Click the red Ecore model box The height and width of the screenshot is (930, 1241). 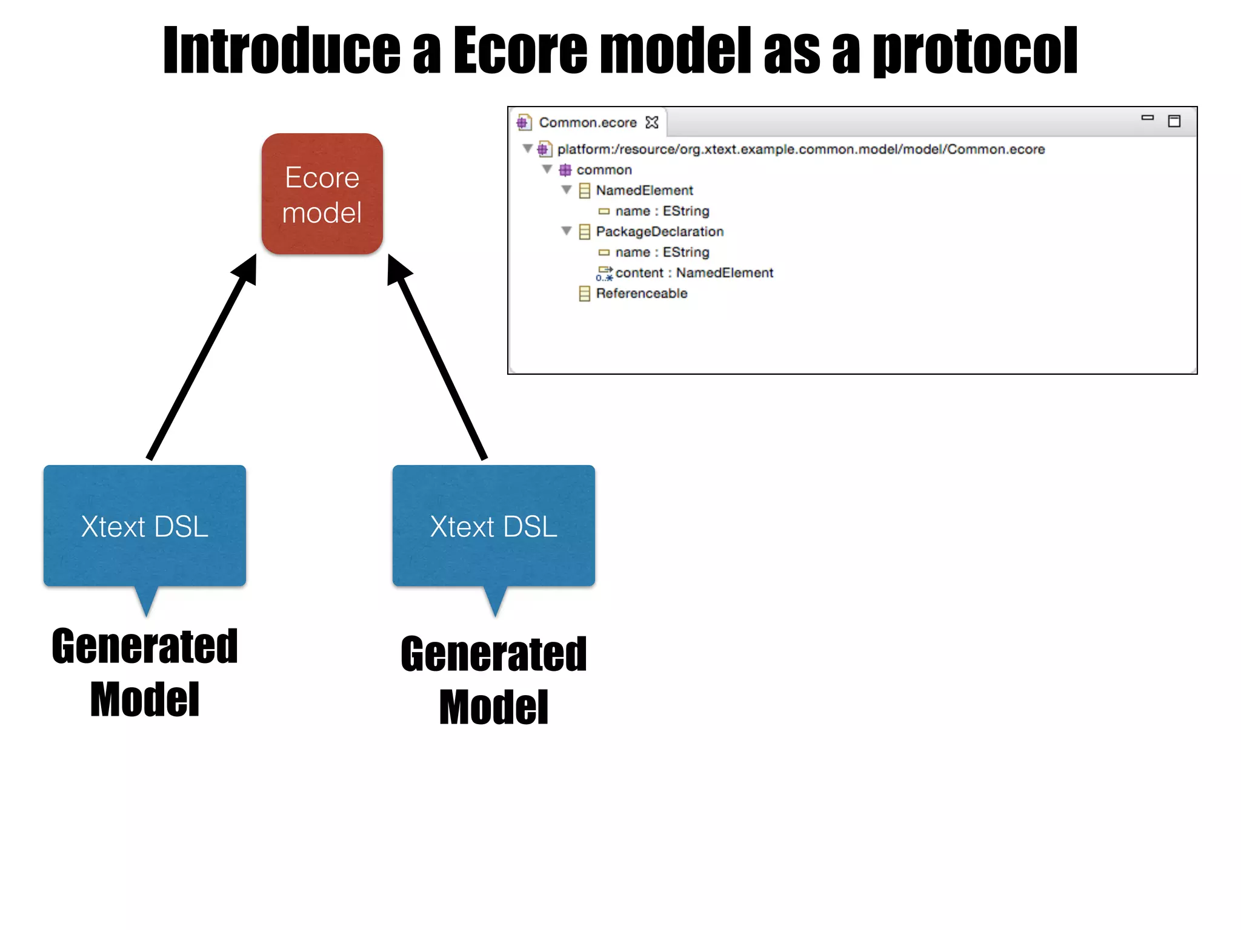322,194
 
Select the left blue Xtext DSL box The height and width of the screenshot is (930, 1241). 144,526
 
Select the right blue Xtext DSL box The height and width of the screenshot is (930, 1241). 493,526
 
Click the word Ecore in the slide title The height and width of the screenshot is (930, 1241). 520,51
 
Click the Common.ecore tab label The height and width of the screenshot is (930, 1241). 587,123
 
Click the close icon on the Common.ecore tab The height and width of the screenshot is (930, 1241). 652,123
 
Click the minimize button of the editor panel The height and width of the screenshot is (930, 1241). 1147,118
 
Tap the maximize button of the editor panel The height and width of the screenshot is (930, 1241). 1174,122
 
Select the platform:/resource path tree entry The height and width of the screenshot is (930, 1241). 800,150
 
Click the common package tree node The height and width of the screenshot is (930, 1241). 604,170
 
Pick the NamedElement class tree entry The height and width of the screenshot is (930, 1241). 644,191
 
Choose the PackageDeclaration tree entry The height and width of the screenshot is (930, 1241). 659,232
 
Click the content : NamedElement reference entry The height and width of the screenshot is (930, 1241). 694,273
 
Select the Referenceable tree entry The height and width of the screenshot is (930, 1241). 641,294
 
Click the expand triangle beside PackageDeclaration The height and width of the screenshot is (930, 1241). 567,231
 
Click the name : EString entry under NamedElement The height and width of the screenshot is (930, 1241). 662,211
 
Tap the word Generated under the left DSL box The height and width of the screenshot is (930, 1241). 145,647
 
